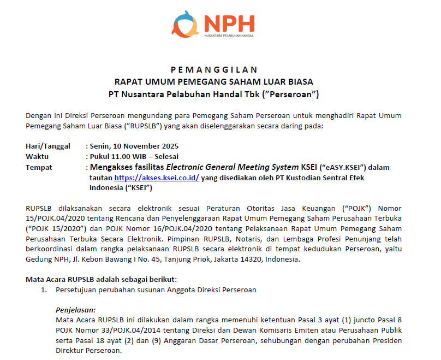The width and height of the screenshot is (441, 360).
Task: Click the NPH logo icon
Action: coord(186,25)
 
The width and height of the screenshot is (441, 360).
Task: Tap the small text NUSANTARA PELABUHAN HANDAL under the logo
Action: coord(229,36)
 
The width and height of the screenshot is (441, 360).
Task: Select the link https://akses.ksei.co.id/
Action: coord(156,178)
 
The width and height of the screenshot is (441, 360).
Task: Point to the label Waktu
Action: coord(37,156)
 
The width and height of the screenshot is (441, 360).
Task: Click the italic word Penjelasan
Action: coord(75,309)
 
